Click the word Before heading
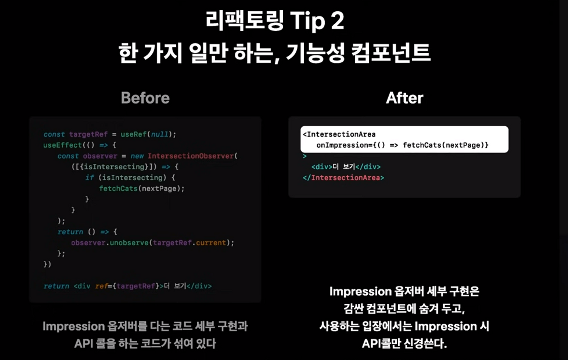[x=145, y=98]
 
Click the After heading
[x=404, y=98]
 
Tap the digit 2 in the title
[x=338, y=21]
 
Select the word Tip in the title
[x=307, y=21]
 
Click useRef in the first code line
[x=134, y=134]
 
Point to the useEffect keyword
[x=63, y=145]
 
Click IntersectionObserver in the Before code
[x=191, y=156]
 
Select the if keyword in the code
[x=90, y=178]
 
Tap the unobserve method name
[x=129, y=243]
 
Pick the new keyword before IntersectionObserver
[x=137, y=156]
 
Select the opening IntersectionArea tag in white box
[x=339, y=134]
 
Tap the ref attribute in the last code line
[x=101, y=286]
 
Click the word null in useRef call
[x=160, y=134]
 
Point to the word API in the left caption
[x=84, y=343]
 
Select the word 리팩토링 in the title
[x=245, y=21]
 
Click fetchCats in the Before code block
[x=118, y=189]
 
